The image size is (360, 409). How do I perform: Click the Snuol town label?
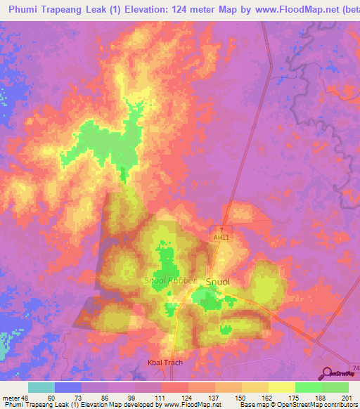pyautogui.click(x=218, y=282)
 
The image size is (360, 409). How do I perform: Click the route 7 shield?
pyautogui.click(x=221, y=230)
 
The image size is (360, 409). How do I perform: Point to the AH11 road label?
pyautogui.click(x=221, y=238)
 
